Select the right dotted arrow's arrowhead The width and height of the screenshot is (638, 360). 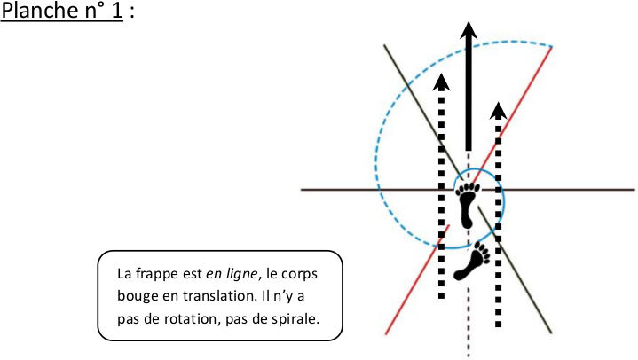click(499, 110)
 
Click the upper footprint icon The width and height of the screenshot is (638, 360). click(468, 207)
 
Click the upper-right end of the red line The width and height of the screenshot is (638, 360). click(552, 47)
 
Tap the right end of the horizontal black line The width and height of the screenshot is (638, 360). click(634, 190)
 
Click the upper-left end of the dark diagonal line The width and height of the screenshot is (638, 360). click(384, 44)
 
